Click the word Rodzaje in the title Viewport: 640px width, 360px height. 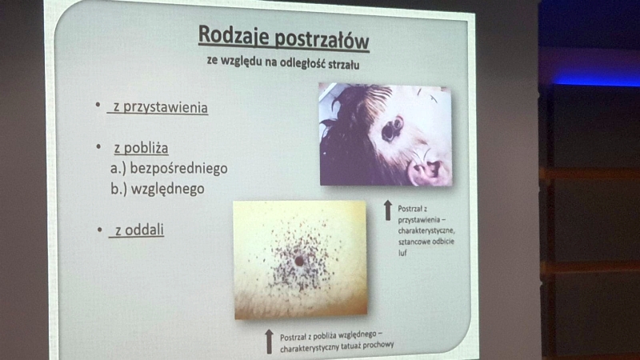point(234,36)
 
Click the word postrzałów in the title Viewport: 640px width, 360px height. point(322,40)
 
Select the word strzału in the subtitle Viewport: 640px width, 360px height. point(344,65)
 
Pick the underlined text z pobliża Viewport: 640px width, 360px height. point(141,148)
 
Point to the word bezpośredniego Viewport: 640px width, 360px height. point(178,169)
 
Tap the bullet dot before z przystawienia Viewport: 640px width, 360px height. point(98,105)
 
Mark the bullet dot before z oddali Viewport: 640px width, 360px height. point(99,230)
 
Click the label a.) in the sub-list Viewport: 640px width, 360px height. point(118,169)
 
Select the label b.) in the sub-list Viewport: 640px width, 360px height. point(118,189)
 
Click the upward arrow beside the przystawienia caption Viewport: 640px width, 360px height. point(388,210)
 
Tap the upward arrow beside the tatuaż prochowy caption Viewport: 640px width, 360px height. point(269,342)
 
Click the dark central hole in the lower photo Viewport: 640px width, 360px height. point(299,261)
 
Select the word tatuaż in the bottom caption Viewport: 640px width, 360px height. point(346,346)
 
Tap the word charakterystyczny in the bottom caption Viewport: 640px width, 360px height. point(307,348)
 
